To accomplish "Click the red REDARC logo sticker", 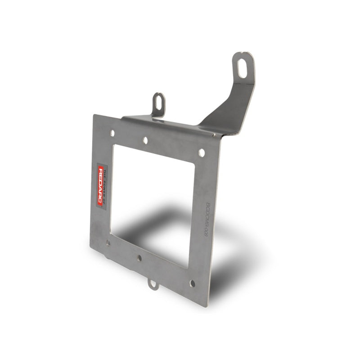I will (102, 185).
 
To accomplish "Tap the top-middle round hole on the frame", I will (145, 140).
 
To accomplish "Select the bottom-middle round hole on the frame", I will (139, 258).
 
